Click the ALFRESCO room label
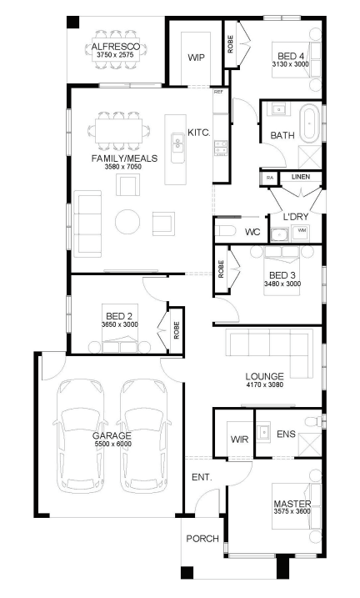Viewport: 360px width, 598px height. point(116,47)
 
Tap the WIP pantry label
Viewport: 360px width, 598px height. point(196,58)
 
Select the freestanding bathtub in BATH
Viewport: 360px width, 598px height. point(309,123)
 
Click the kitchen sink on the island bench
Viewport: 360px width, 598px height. point(177,143)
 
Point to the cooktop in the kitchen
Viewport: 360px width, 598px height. point(221,148)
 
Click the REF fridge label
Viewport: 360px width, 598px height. point(218,92)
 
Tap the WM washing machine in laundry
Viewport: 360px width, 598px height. point(302,231)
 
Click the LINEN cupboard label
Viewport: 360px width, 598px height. point(301,177)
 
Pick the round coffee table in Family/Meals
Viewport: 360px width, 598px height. point(127,222)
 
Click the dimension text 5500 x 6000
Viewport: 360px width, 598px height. point(113,444)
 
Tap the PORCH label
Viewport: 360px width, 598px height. point(202,539)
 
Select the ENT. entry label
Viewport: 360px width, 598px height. point(202,477)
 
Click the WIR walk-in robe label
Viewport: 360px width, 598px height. point(239,440)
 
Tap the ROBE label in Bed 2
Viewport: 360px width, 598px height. point(177,330)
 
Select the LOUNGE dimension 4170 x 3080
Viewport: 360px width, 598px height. point(265,384)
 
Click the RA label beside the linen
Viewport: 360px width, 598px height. point(270,178)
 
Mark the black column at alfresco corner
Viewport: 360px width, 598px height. point(72,22)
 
